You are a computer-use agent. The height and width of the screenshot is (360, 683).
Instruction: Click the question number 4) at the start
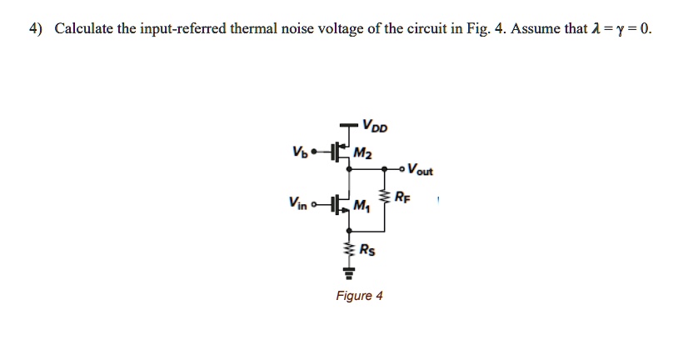click(37, 29)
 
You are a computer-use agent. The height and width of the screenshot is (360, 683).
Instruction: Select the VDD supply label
click(375, 127)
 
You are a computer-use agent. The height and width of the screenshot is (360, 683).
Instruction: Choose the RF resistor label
click(403, 197)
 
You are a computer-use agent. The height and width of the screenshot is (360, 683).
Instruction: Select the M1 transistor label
click(362, 206)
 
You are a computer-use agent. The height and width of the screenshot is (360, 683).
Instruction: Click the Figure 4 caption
click(359, 296)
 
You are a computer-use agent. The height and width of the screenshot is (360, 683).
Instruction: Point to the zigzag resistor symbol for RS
click(349, 247)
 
